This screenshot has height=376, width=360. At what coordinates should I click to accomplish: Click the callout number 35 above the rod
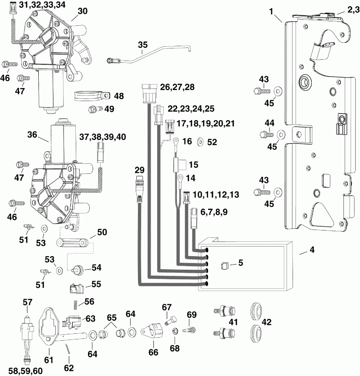(143, 44)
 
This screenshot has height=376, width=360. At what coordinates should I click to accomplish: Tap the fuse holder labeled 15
(179, 165)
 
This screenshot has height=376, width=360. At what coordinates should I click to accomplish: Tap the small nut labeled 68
(175, 332)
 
